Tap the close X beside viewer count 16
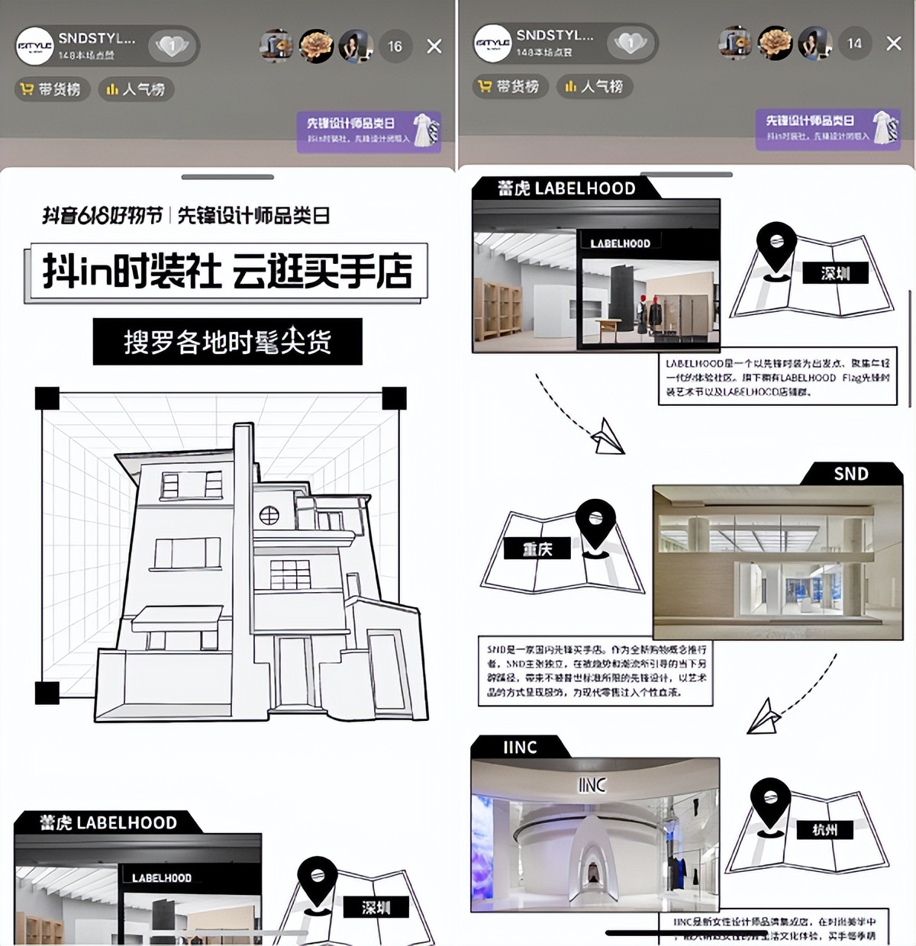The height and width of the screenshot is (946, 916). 434,47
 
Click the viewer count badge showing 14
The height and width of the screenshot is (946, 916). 854,43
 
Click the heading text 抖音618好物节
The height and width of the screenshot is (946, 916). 102,216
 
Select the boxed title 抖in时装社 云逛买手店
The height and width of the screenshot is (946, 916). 226,272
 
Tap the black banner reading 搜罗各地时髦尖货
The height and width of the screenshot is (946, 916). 227,342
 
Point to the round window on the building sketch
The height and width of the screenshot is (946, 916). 269,516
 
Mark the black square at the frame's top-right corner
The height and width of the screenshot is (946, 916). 394,398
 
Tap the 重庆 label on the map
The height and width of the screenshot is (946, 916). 537,549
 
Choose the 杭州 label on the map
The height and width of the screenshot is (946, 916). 825,829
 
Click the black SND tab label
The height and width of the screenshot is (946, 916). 850,474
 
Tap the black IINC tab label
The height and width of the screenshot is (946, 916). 521,748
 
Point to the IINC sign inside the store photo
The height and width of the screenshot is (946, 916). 592,784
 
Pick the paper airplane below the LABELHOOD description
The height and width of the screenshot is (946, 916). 608,436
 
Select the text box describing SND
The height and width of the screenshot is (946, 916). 595,671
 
